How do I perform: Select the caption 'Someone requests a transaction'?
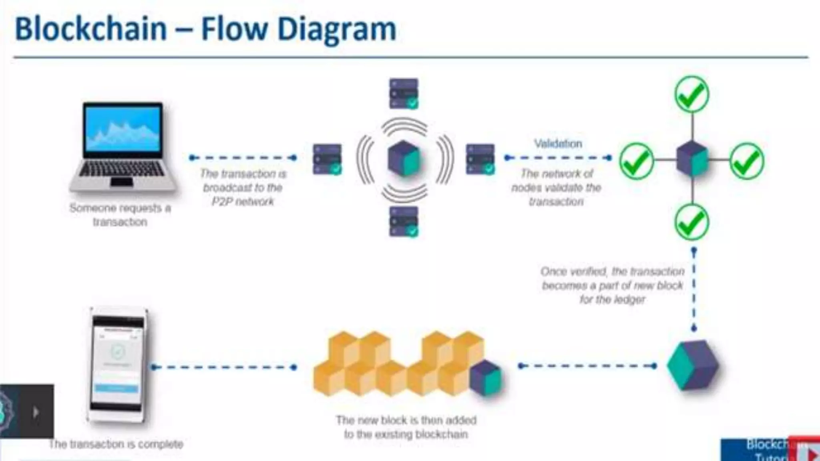point(120,215)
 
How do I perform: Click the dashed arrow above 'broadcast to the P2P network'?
point(243,158)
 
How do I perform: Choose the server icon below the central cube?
point(404,221)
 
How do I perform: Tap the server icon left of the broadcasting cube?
point(327,159)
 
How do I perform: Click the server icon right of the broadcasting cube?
point(480,159)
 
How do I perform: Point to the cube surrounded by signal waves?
point(404,159)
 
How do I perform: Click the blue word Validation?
point(558,144)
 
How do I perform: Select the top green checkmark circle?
point(692,94)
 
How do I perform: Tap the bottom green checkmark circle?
point(692,222)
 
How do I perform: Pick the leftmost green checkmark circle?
point(637,161)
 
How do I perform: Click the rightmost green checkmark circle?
point(747,161)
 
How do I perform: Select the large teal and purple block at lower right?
point(693,365)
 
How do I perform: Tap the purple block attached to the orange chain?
point(485,378)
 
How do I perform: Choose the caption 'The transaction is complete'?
point(116,444)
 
